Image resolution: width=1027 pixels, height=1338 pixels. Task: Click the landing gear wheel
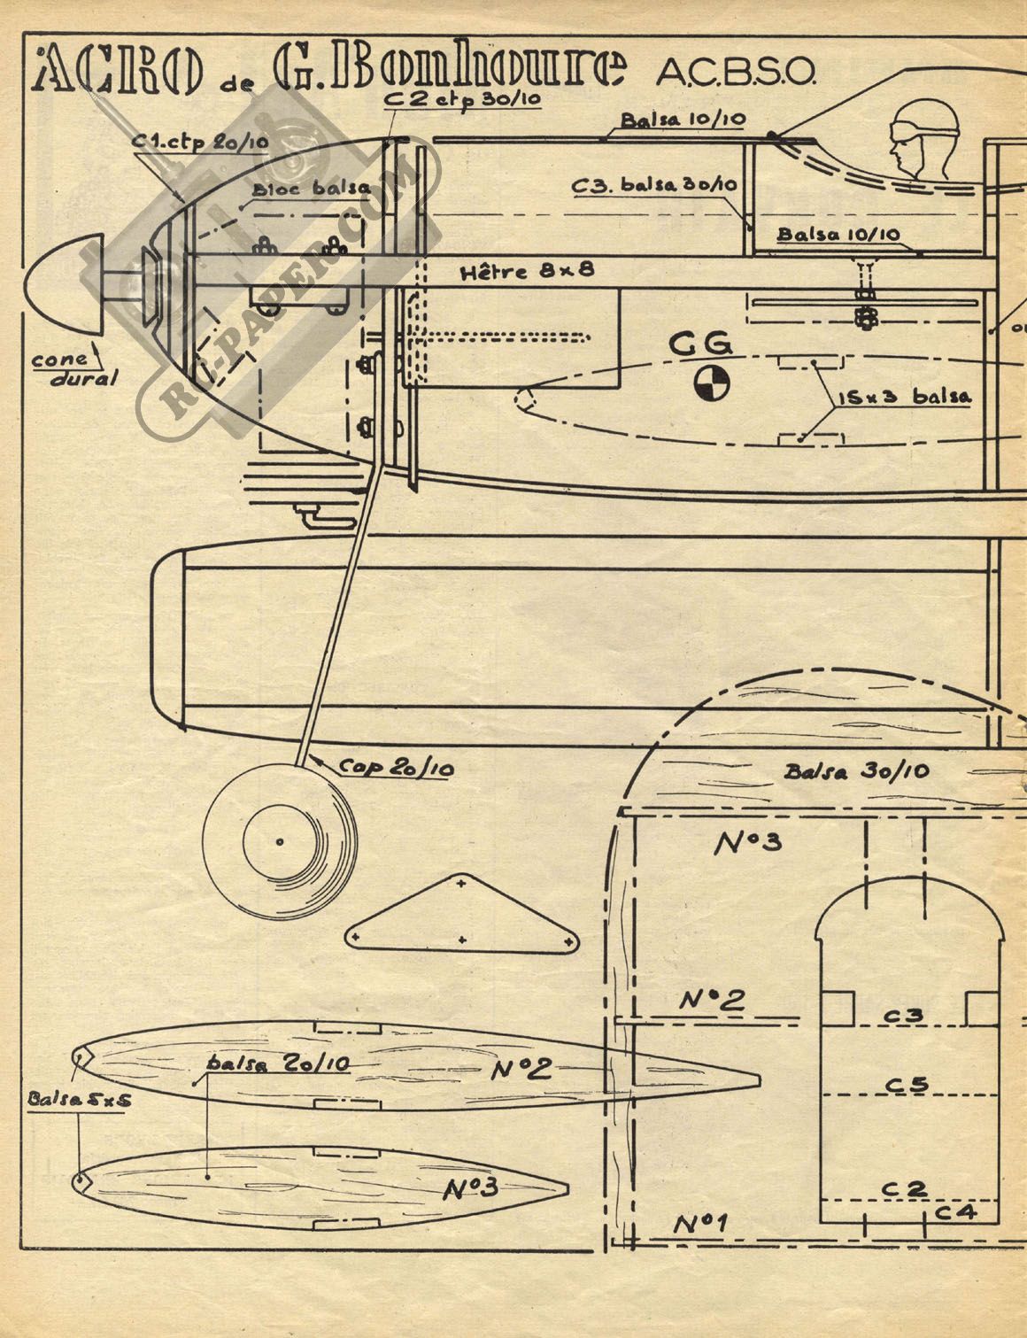pos(279,840)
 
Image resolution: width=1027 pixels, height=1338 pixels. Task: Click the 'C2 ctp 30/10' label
pos(462,99)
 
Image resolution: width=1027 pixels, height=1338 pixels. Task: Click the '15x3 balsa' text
pos(903,396)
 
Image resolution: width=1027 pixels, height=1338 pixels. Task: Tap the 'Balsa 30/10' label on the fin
pos(855,771)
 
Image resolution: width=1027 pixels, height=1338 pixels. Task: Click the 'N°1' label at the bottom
pos(699,1225)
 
